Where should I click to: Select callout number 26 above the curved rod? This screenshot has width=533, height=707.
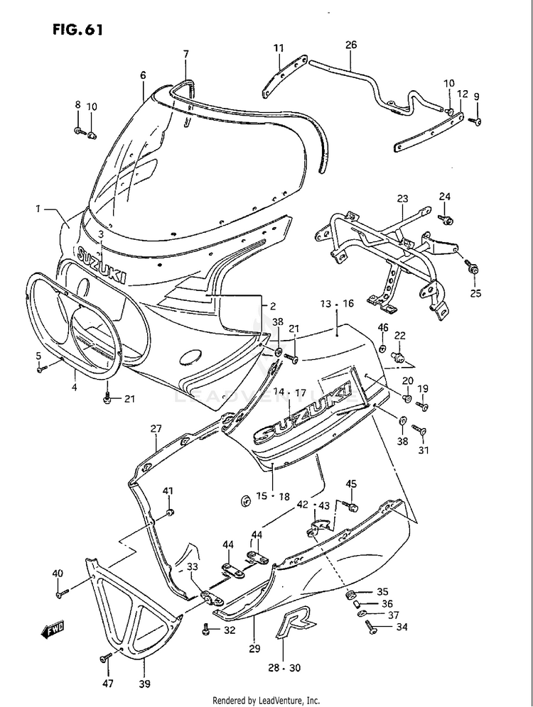350,45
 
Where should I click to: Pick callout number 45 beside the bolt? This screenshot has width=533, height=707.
351,484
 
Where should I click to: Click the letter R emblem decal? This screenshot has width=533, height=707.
291,625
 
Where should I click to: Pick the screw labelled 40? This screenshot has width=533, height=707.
61,590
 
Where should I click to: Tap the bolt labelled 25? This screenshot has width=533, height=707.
473,269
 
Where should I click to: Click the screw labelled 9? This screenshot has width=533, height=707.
477,122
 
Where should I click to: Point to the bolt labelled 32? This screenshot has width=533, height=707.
206,628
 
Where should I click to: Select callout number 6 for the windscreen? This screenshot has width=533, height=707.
143,75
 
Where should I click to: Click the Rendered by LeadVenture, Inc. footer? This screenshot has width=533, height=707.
266,699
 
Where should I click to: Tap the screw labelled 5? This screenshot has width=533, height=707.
43,368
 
